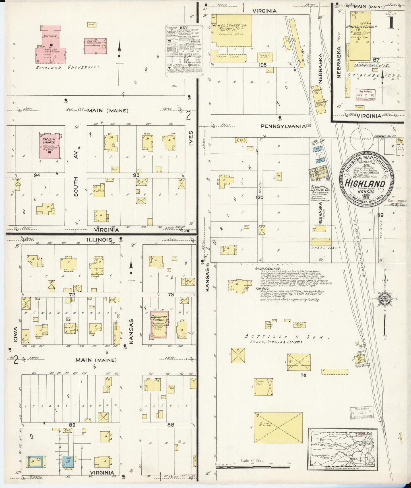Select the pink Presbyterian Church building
pyautogui.click(x=50, y=146)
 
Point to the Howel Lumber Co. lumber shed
pyautogui.click(x=232, y=31)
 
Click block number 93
pyautogui.click(x=136, y=175)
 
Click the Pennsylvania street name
pyautogui.click(x=283, y=126)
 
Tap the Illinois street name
pyautogui.click(x=99, y=240)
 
